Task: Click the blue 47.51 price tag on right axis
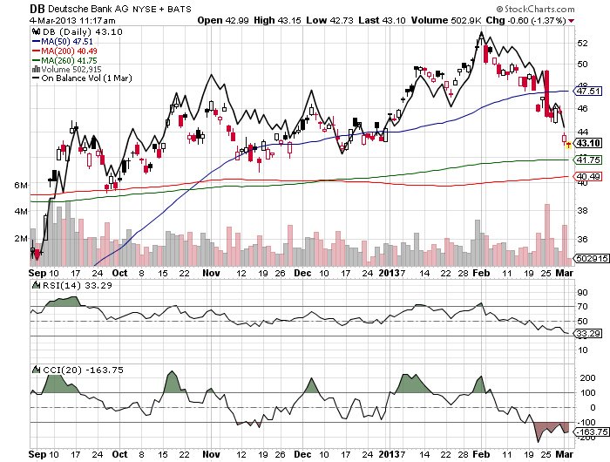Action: coord(589,91)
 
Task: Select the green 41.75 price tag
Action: coord(589,160)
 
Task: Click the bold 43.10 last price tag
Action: coord(589,143)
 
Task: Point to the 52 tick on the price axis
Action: coord(582,42)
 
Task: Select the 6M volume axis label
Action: coord(23,187)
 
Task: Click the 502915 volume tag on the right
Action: coord(590,259)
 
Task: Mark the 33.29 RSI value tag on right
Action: coord(589,333)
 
